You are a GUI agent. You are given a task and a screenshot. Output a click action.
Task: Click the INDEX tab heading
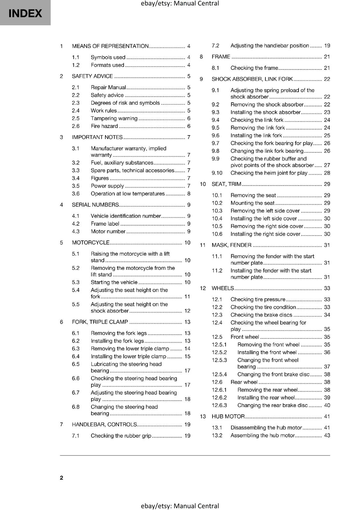(x=25, y=13)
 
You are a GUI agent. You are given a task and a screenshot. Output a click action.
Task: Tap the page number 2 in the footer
(x=61, y=477)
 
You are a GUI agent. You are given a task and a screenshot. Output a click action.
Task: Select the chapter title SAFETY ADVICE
(x=92, y=76)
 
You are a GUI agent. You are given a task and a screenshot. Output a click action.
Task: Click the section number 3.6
(x=76, y=193)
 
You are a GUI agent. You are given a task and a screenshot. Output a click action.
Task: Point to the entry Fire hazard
(x=104, y=126)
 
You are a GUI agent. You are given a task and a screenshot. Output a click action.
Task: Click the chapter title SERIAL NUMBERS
(x=95, y=205)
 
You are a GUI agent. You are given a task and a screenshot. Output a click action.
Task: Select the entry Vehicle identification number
(x=126, y=216)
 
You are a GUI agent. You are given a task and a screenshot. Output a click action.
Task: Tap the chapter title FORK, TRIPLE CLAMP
(x=100, y=322)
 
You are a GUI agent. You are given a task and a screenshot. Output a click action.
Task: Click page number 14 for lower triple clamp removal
(x=187, y=349)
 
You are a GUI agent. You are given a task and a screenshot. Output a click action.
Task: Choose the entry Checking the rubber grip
(x=121, y=435)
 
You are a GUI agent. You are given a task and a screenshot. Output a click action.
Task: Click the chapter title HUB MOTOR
(x=228, y=416)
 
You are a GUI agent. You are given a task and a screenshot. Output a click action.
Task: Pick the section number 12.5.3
(x=219, y=360)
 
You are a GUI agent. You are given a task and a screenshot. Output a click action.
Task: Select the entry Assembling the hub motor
(x=263, y=435)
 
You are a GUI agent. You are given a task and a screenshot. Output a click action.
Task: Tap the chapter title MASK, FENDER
(x=232, y=245)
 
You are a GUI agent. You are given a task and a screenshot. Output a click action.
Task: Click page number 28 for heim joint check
(x=327, y=173)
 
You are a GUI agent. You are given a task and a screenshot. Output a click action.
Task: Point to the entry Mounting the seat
(x=252, y=203)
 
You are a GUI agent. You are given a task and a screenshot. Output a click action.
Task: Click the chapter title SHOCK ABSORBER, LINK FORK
(x=252, y=79)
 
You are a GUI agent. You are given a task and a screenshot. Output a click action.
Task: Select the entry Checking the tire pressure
(x=258, y=299)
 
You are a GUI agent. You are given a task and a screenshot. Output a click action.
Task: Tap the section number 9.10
(x=217, y=173)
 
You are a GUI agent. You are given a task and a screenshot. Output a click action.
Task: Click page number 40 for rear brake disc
(x=327, y=405)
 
